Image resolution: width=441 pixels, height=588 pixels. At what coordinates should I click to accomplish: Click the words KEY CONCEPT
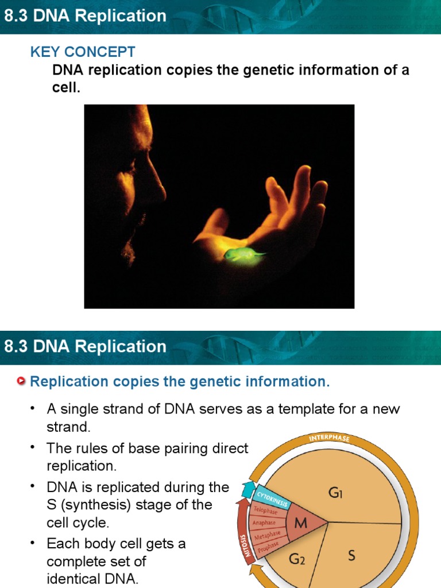pyautogui.click(x=83, y=52)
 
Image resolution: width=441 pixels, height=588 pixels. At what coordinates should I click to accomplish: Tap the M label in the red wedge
pyautogui.click(x=301, y=523)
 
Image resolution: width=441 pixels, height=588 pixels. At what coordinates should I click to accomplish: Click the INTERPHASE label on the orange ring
pyautogui.click(x=329, y=439)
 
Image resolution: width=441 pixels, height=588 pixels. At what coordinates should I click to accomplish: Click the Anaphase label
pyautogui.click(x=264, y=523)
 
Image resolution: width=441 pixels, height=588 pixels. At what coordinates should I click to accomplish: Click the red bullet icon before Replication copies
pyautogui.click(x=22, y=381)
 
